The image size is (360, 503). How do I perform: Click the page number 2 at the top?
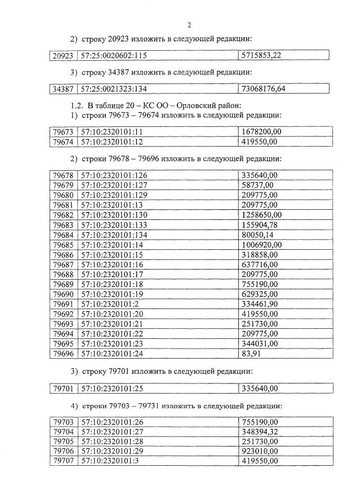(x=189, y=25)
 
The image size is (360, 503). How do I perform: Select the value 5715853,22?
(x=261, y=55)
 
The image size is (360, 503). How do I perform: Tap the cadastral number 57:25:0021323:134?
(x=115, y=89)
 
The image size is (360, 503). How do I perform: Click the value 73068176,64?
(x=263, y=89)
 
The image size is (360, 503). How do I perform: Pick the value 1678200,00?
(x=261, y=132)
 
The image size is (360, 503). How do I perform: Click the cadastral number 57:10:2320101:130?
(x=115, y=215)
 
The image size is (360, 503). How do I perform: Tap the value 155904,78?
(x=259, y=225)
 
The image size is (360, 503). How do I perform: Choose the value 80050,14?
(x=257, y=235)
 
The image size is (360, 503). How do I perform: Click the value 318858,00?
(x=259, y=255)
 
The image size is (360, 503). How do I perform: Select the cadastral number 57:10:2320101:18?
(x=113, y=284)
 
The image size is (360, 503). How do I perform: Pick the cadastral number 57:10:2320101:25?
(x=113, y=388)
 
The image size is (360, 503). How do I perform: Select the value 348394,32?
(x=259, y=431)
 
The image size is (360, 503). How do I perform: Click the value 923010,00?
(x=259, y=451)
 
